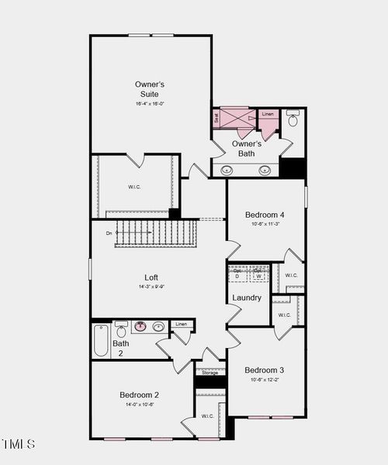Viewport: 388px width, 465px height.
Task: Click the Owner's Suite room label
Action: (150, 89)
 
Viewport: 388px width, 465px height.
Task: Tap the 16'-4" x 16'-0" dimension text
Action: (150, 104)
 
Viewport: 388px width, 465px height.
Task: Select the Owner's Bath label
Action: (246, 149)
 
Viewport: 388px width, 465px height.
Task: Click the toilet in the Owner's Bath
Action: (293, 120)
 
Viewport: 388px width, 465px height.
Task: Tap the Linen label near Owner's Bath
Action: (268, 115)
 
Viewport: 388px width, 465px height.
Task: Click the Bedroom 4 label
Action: (265, 215)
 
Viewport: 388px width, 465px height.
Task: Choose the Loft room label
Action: (152, 277)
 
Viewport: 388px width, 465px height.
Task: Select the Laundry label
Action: (246, 298)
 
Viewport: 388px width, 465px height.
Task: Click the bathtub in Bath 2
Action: (102, 339)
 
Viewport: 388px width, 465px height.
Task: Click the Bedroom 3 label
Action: (265, 370)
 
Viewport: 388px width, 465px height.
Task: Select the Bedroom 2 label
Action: (140, 394)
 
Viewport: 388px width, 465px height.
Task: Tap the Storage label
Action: (210, 373)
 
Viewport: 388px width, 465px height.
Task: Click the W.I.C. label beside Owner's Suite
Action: (135, 187)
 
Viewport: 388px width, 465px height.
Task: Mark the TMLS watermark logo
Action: (19, 444)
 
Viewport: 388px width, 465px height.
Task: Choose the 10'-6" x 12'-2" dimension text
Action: (265, 380)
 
